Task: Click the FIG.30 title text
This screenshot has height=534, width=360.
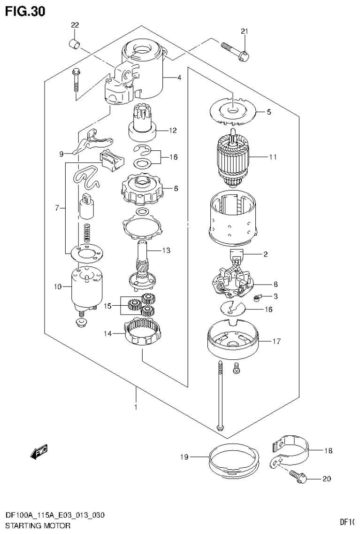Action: [x=25, y=11]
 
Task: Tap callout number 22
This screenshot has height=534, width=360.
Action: [x=75, y=25]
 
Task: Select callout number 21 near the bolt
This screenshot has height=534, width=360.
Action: [x=244, y=31]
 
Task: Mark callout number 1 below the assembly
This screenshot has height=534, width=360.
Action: [x=136, y=408]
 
